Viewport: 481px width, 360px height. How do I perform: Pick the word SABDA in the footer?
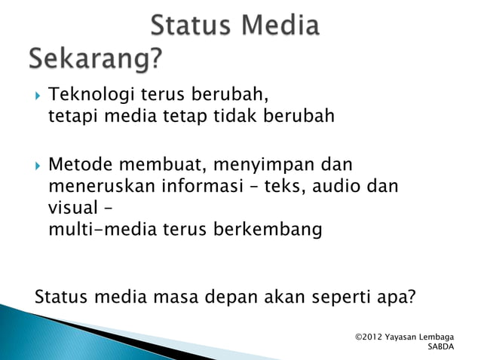(441, 347)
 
